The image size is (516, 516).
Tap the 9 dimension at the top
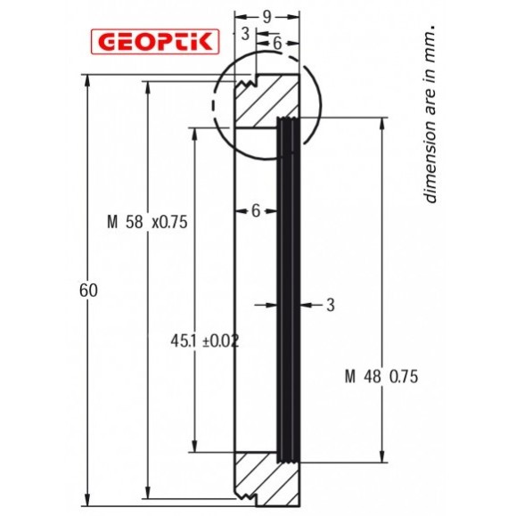point(267,15)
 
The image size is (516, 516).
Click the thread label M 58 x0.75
point(146,223)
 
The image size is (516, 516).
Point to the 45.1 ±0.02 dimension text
point(204,340)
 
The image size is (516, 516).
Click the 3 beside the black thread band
point(329,305)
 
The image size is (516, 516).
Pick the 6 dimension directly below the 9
point(278,42)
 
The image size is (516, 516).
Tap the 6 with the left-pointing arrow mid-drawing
point(256,210)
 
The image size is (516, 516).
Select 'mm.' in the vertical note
point(430,37)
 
